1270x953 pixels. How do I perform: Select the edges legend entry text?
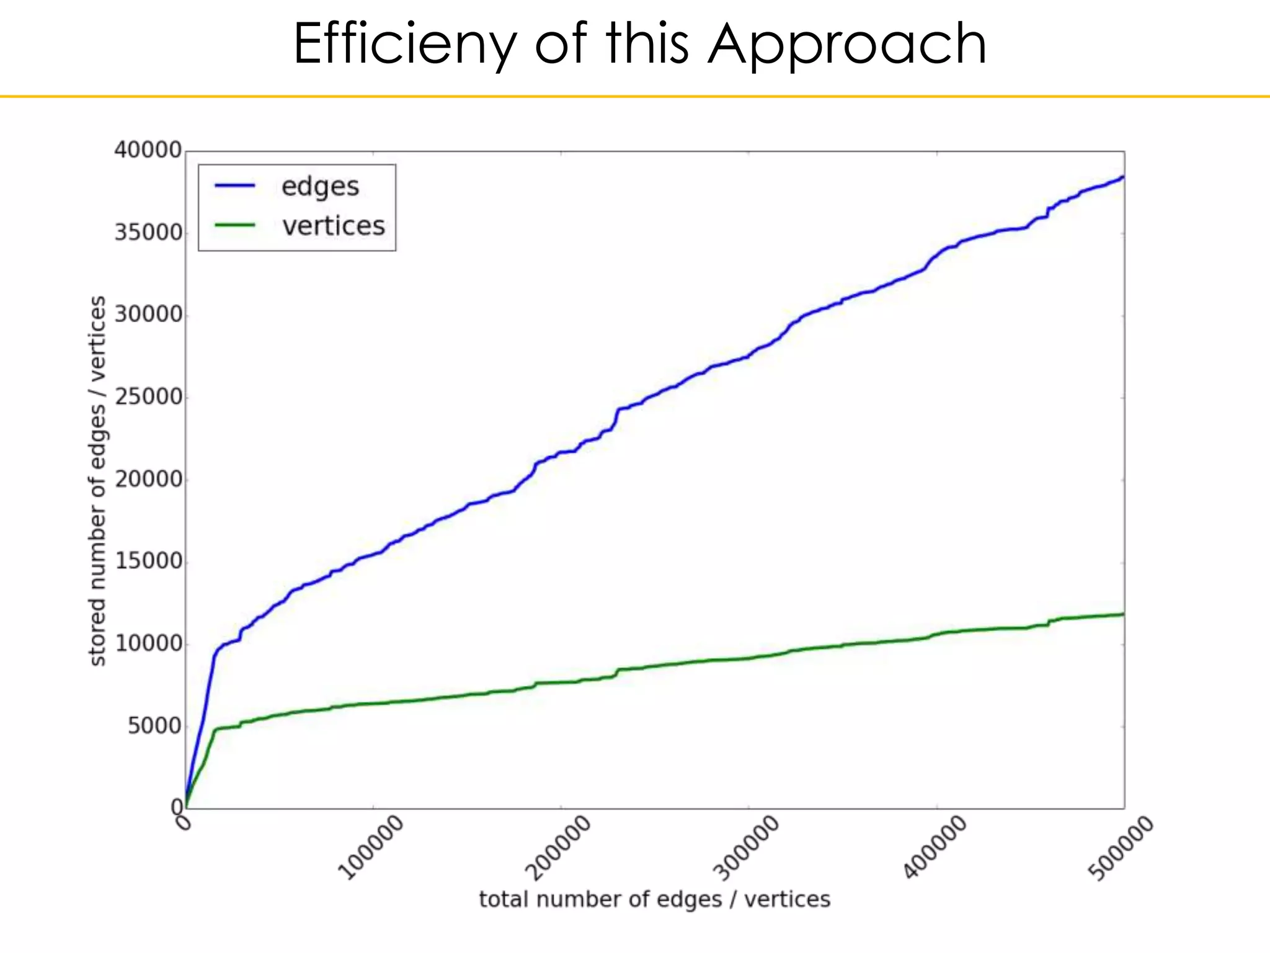tap(320, 186)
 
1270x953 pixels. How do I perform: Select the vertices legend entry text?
tap(334, 226)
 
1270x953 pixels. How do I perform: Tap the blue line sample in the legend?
tap(234, 186)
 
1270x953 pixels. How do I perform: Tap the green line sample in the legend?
tap(234, 225)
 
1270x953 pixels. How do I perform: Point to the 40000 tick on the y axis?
tap(148, 150)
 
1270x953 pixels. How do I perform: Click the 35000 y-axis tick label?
tap(148, 233)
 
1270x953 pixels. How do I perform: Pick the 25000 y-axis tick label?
tap(148, 397)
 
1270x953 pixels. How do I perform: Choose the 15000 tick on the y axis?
tap(148, 562)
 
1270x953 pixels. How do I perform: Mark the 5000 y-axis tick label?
tap(154, 726)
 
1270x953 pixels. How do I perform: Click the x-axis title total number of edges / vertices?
tap(654, 899)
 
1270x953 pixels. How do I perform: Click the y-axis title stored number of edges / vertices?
tap(97, 481)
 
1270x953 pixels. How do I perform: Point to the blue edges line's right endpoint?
tap(1122, 177)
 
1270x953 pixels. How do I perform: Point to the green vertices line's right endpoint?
tap(1122, 614)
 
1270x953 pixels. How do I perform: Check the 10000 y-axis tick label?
tap(148, 643)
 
